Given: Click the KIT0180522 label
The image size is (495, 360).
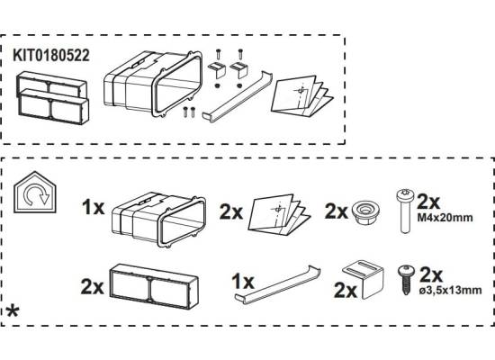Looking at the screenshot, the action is pyautogui.click(x=51, y=55).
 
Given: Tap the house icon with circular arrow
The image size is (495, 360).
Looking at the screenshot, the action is pyautogui.click(x=35, y=192).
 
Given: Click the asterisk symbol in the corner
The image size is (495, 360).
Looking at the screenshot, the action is pyautogui.click(x=13, y=312).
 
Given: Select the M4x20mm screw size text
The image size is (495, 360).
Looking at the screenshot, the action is pyautogui.click(x=445, y=218).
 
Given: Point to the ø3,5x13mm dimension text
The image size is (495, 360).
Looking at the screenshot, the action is pyautogui.click(x=451, y=290).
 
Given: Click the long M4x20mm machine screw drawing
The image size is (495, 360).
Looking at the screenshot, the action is pyautogui.click(x=405, y=211).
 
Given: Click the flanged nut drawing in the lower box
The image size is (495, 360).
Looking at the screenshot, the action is pyautogui.click(x=365, y=212).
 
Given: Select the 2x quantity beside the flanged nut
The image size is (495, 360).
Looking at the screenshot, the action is pyautogui.click(x=337, y=211).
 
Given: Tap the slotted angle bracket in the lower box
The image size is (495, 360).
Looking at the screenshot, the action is pyautogui.click(x=364, y=279).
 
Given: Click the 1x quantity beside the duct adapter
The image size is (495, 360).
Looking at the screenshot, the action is pyautogui.click(x=93, y=208).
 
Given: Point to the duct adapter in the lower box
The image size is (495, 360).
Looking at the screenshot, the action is pyautogui.click(x=158, y=220).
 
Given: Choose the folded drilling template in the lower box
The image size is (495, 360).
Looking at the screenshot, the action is pyautogui.click(x=279, y=215).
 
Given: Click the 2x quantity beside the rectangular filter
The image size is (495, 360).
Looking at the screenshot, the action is pyautogui.click(x=92, y=287).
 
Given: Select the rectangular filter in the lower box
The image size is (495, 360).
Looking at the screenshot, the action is pyautogui.click(x=154, y=286).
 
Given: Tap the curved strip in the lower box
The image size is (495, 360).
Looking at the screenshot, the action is pyautogui.click(x=277, y=284).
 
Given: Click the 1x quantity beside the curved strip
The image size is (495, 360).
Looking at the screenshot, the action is pyautogui.click(x=243, y=281).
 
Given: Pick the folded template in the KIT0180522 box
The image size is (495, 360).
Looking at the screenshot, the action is pyautogui.click(x=302, y=94).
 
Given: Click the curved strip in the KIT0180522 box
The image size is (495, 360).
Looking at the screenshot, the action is pyautogui.click(x=237, y=96).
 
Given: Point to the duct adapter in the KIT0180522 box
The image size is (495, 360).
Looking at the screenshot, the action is pyautogui.click(x=153, y=84).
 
